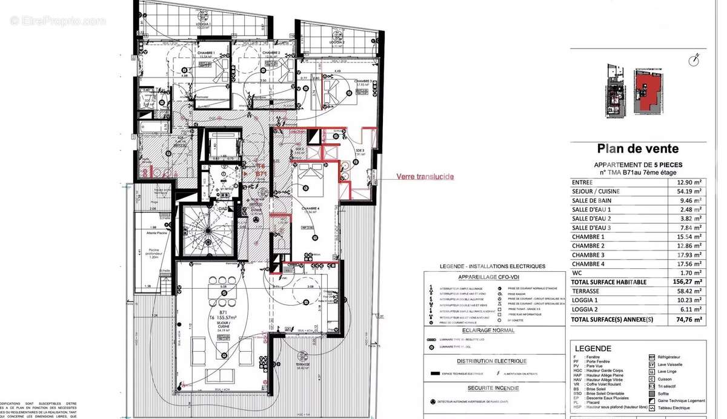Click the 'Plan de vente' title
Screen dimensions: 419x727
[638, 149]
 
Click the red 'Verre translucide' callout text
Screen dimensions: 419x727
[425, 177]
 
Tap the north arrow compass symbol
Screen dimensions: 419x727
[695, 59]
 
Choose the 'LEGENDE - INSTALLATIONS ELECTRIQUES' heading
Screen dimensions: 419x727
[493, 266]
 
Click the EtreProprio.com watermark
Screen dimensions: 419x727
[58, 21]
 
